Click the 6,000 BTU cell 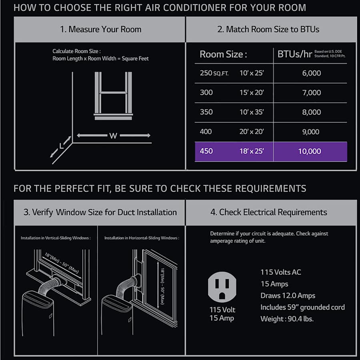click(x=311, y=73)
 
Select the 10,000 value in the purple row click(x=310, y=151)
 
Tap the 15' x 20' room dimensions click(x=252, y=92)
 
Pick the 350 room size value click(x=206, y=112)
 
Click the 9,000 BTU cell click(x=311, y=132)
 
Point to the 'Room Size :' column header click(x=223, y=54)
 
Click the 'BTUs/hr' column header click(x=294, y=54)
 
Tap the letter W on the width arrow click(x=113, y=136)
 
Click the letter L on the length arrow click(x=61, y=146)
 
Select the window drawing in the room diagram click(x=113, y=96)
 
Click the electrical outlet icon click(x=222, y=287)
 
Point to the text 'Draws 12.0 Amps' click(x=288, y=296)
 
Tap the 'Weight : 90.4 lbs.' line click(x=287, y=319)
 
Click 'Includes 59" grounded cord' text click(x=302, y=307)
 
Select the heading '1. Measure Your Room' click(x=100, y=29)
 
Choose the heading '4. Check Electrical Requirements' click(x=269, y=212)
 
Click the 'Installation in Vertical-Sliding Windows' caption click(x=56, y=238)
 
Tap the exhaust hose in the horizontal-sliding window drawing click(x=127, y=286)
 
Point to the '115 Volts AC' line click(x=280, y=272)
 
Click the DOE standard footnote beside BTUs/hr click(x=330, y=54)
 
